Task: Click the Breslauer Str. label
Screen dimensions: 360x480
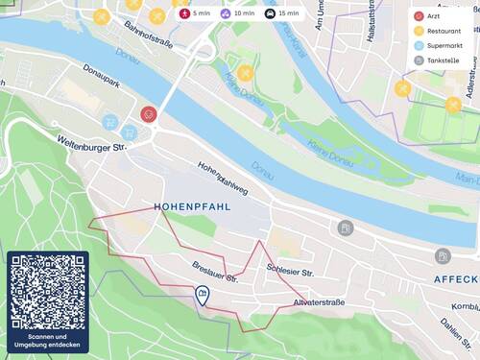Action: pyautogui.click(x=213, y=272)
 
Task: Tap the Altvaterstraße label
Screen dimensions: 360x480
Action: pyautogui.click(x=320, y=302)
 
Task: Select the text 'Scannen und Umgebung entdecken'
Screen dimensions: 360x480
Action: pyautogui.click(x=48, y=341)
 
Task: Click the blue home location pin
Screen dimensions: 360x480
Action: pyautogui.click(x=202, y=295)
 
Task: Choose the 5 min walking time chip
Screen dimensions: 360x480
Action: pyautogui.click(x=195, y=13)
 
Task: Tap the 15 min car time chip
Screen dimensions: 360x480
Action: pyautogui.click(x=282, y=13)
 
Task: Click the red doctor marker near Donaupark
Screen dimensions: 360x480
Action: pyautogui.click(x=148, y=114)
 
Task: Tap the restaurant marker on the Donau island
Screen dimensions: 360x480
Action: pyautogui.click(x=246, y=73)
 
